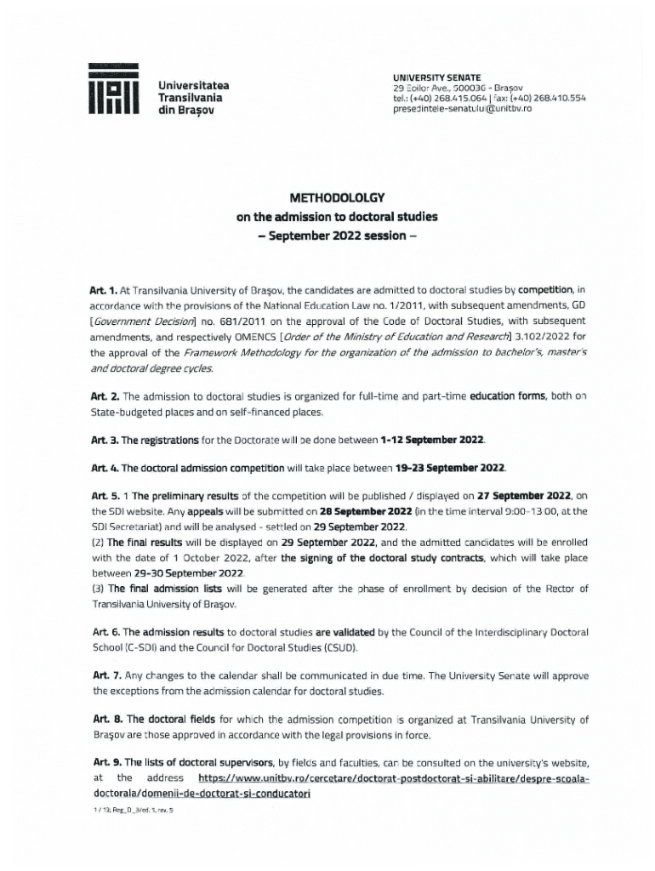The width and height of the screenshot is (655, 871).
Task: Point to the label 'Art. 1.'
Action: (x=105, y=290)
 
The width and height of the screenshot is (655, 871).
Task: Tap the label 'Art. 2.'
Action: (x=105, y=397)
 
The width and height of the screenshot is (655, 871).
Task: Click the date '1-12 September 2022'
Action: (x=433, y=440)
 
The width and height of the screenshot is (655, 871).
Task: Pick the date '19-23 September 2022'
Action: (x=451, y=468)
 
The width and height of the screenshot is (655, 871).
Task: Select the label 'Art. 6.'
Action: (x=105, y=633)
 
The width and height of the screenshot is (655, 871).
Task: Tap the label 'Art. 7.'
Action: (x=105, y=676)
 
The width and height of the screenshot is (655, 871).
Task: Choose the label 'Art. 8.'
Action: (x=105, y=720)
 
